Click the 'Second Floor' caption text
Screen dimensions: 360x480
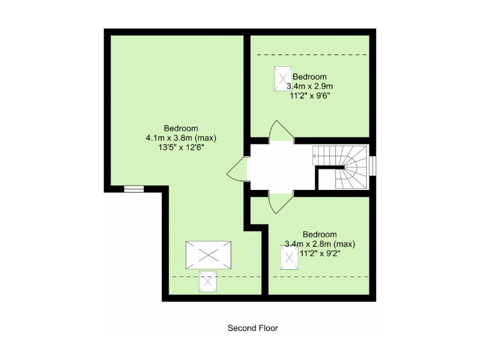[252, 327]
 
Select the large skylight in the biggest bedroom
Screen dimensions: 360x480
[208, 255]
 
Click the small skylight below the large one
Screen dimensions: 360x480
[208, 281]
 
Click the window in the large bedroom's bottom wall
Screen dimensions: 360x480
[134, 188]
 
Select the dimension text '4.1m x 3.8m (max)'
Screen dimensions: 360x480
[181, 138]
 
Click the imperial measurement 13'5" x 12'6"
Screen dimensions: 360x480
[181, 148]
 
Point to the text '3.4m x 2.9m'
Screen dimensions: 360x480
[310, 86]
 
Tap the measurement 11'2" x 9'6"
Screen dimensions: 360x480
[309, 96]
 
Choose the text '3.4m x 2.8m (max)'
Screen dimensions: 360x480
[319, 244]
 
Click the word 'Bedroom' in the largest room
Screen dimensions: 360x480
[181, 128]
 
